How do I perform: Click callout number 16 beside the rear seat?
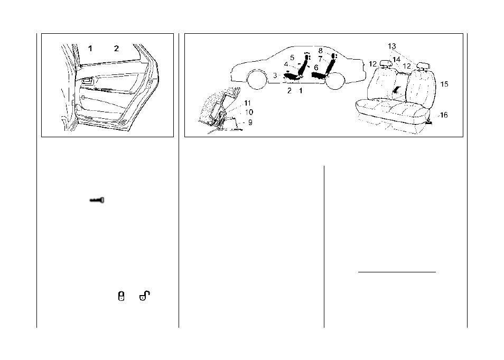[444, 115]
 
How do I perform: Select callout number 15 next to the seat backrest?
[444, 84]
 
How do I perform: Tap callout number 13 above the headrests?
[392, 46]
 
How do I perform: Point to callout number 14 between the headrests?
[397, 60]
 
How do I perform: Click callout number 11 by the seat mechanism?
[247, 103]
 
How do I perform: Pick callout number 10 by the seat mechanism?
[249, 112]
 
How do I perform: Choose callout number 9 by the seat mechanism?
[250, 122]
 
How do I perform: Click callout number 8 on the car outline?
[321, 51]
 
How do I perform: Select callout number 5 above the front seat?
[292, 58]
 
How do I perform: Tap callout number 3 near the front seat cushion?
[275, 76]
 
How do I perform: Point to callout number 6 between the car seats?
[316, 68]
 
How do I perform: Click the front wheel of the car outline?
[257, 80]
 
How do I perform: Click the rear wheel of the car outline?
[334, 80]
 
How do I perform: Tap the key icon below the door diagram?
[97, 201]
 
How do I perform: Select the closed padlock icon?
[121, 296]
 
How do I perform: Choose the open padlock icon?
[144, 296]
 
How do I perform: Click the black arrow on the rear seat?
[397, 89]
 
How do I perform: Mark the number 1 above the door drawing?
[90, 49]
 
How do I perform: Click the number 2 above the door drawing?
[116, 49]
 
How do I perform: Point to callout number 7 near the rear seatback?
[320, 59]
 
